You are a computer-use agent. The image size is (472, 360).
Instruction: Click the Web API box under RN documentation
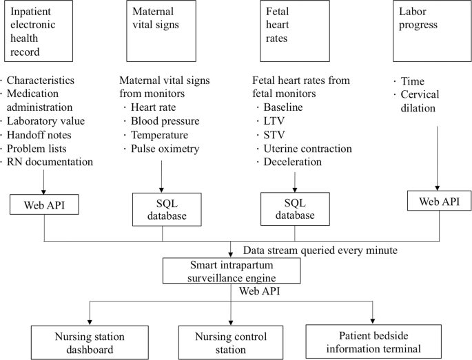click(44, 204)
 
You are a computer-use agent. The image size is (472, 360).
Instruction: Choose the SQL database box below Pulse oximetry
click(162, 209)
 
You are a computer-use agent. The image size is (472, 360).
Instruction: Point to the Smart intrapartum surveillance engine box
click(231, 271)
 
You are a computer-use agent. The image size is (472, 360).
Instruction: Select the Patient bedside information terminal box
click(373, 341)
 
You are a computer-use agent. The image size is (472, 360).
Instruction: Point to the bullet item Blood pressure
click(165, 121)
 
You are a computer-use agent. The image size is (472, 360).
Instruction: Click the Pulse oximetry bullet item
click(165, 149)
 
